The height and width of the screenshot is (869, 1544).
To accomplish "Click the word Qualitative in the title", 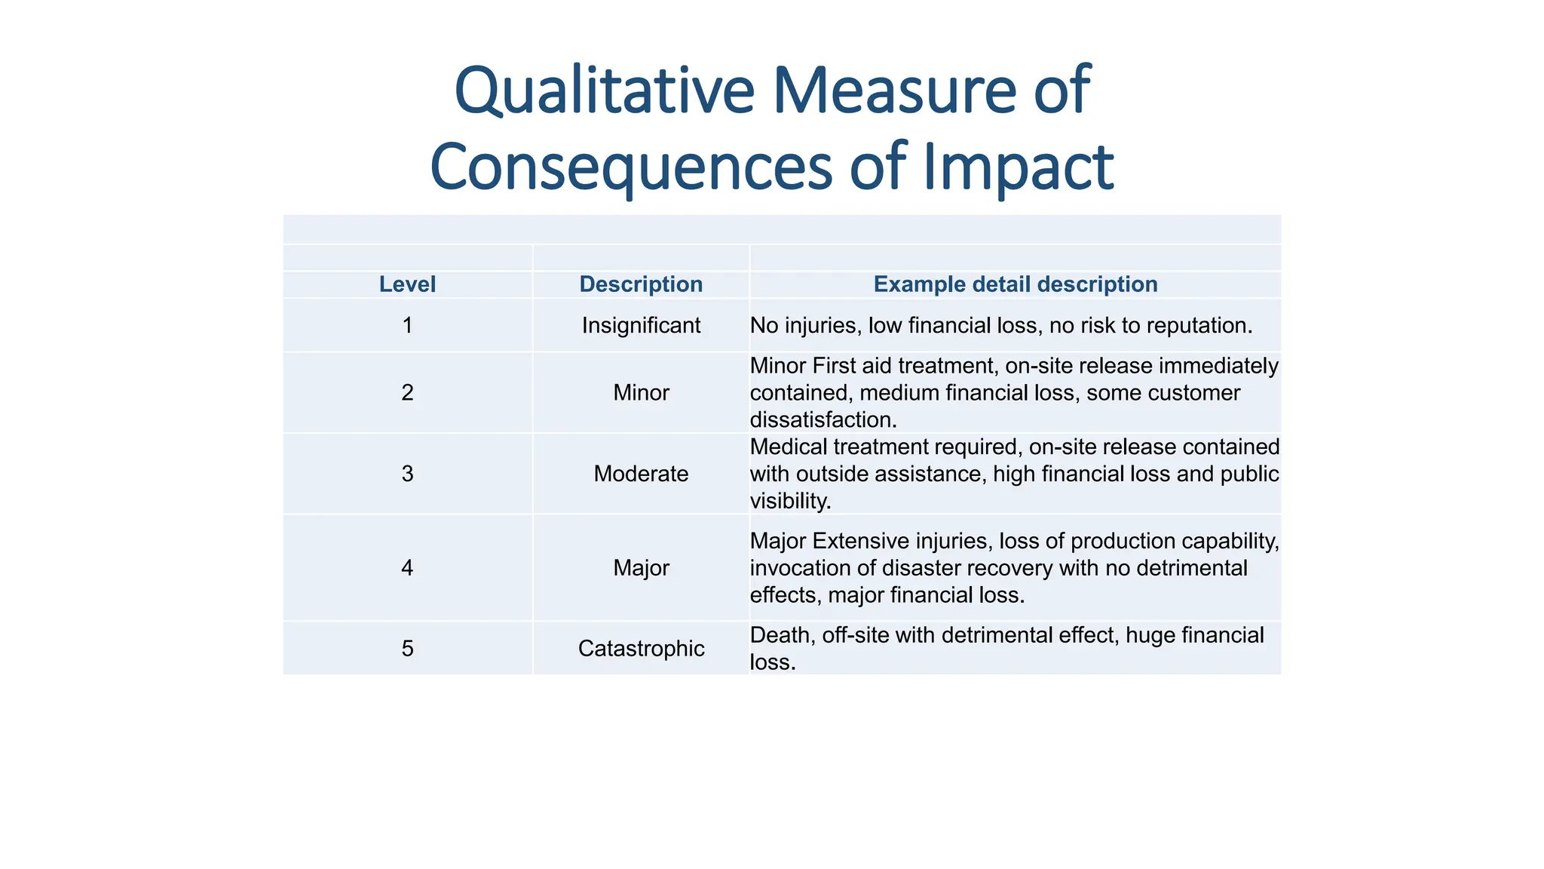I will coord(604,92).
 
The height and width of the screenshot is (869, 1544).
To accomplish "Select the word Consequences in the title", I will coord(631,167).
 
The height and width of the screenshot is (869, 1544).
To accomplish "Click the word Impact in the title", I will coord(1019,167).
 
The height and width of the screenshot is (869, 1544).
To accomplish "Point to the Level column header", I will coord(407,284).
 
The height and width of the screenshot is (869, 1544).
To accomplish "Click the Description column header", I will coord(641,284).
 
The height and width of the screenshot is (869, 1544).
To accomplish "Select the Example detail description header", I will coord(1016,284).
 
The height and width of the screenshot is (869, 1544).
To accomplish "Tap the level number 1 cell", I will coord(407,325).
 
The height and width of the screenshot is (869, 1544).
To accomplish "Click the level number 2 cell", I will coord(407,392).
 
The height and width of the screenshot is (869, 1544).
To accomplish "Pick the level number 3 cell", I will coord(407,474).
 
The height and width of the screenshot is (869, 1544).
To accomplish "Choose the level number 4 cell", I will coord(407,567).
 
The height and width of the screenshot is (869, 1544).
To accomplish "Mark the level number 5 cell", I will coord(407,648).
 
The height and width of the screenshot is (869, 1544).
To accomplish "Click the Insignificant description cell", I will coord(641,325).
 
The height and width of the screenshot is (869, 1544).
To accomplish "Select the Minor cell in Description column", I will coord(641,392).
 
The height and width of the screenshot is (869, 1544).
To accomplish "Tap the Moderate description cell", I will coord(641,474).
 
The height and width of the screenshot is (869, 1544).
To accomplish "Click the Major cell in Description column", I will coord(641,567).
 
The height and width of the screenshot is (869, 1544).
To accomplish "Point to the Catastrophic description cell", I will coord(641,648).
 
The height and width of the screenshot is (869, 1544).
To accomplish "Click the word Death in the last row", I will coord(782,635).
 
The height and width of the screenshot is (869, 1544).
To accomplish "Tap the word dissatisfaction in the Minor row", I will coord(823,419).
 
